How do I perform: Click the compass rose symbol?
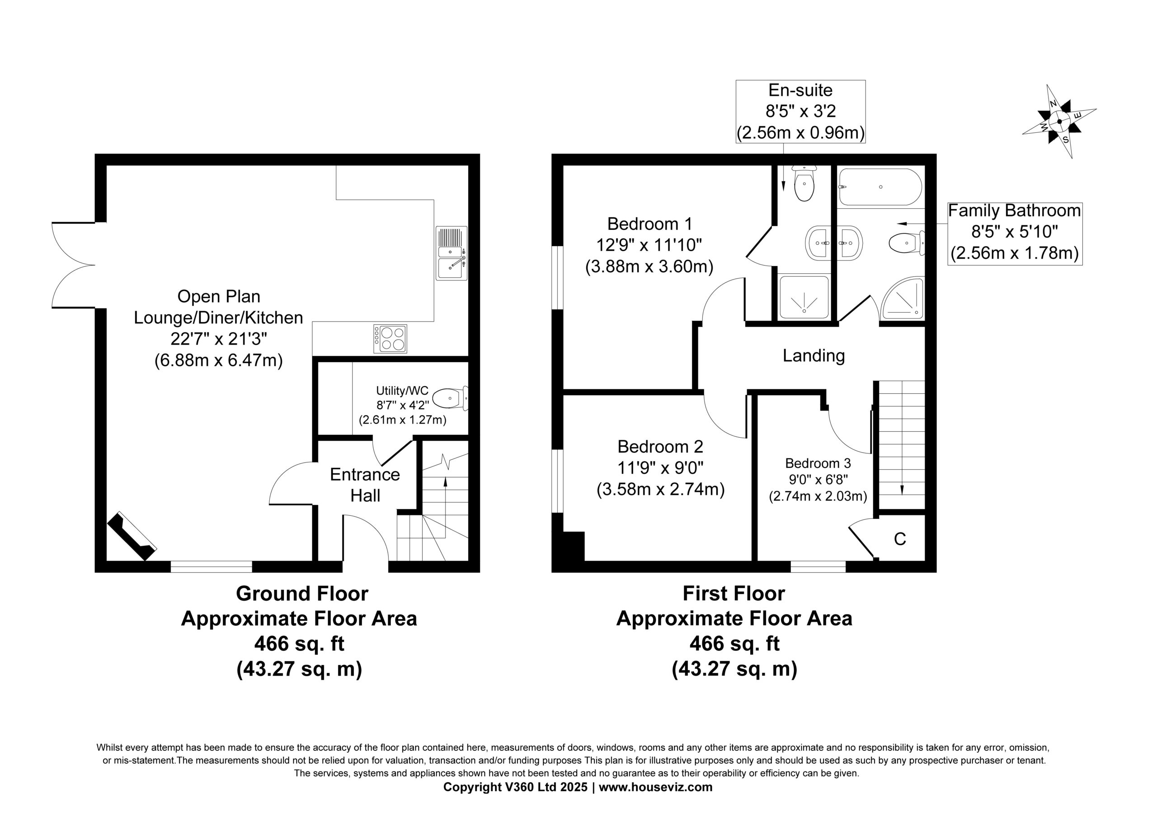1059,121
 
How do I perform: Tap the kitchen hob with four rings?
390,338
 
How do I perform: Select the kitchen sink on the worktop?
452,253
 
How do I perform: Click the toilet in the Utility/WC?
451,398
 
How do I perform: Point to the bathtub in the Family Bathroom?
880,187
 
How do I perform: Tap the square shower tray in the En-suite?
804,297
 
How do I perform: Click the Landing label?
814,355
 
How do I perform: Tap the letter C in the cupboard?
900,539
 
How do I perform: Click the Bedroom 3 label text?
818,463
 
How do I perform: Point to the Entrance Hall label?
365,485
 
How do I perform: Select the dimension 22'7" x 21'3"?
219,339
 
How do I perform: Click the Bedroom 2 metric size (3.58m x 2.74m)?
661,490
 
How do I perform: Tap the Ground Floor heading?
302,594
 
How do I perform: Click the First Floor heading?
734,594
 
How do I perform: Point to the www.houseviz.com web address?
656,787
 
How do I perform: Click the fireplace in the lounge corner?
132,536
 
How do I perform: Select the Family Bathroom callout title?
1014,210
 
